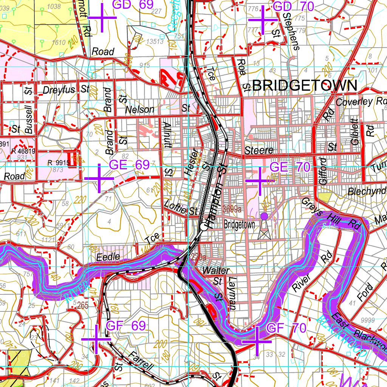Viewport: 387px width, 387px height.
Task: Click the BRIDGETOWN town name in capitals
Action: pos(305,86)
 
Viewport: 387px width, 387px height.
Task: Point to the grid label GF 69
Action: pos(126,326)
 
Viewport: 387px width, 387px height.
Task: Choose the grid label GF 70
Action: pos(286,328)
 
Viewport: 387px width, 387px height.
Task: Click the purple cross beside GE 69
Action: pos(99,178)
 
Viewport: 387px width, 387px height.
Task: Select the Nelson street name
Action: pos(140,110)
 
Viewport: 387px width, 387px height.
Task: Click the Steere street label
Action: pos(259,150)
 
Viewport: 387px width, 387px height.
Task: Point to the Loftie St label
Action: pos(181,208)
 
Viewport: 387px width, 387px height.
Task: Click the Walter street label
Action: pos(215,271)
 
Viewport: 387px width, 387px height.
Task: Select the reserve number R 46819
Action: pos(23,151)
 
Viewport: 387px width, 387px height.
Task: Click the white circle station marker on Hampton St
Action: pos(204,227)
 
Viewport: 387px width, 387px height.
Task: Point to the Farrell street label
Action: pos(141,361)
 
